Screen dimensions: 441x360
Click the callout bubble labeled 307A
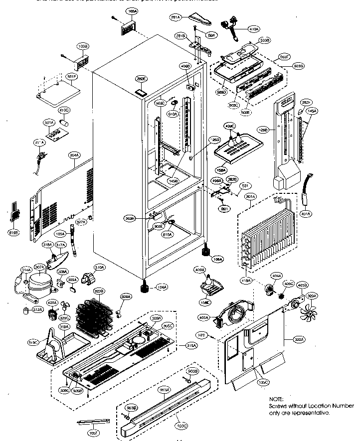(x=39, y=267)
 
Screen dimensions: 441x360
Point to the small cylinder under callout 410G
(x=64, y=122)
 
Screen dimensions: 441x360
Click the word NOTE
(x=276, y=400)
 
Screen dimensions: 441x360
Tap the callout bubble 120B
(x=263, y=129)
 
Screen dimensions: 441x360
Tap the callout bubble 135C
(x=263, y=382)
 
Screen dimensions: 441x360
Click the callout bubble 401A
(x=306, y=214)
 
